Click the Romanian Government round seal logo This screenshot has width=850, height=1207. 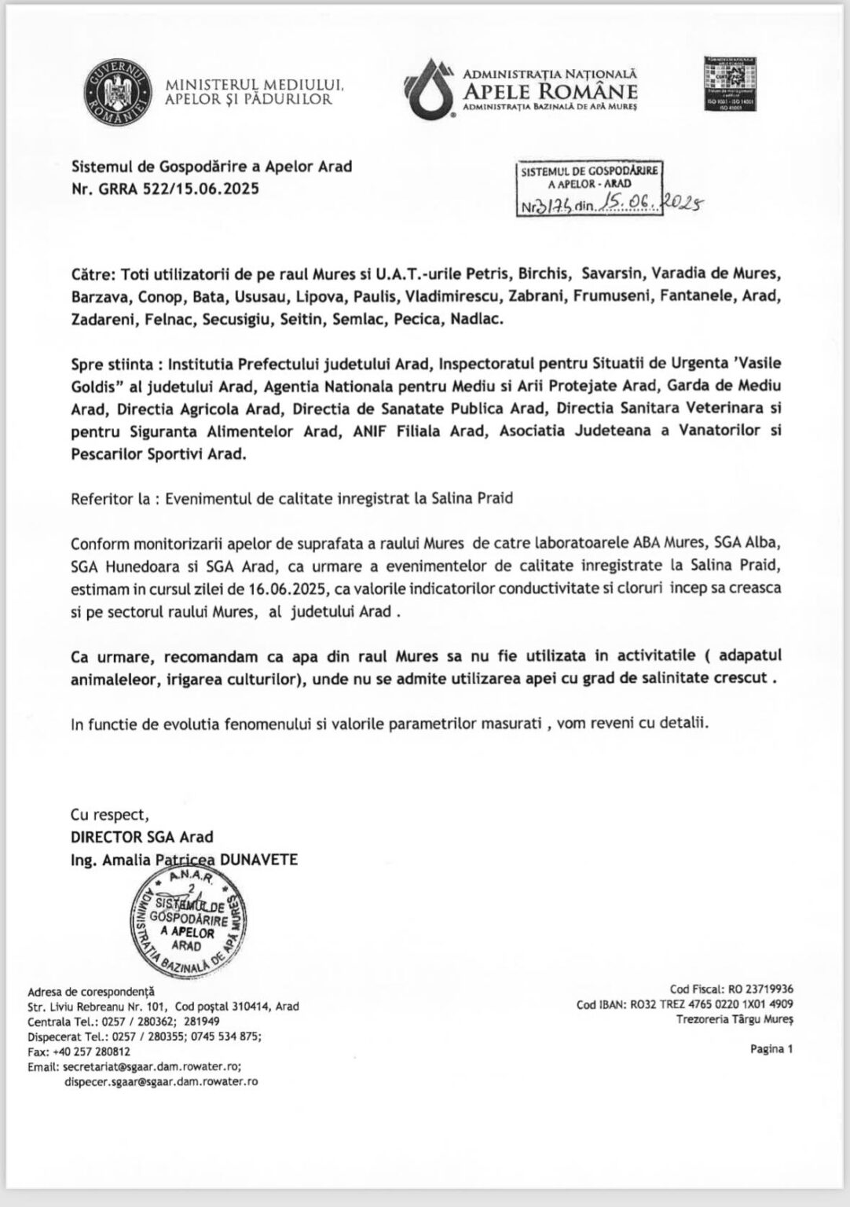pos(118,93)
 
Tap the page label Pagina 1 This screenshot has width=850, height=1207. pos(771,1047)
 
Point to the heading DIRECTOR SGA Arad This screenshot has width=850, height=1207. pos(142,837)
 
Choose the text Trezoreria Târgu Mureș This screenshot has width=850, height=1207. pos(735,1019)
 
